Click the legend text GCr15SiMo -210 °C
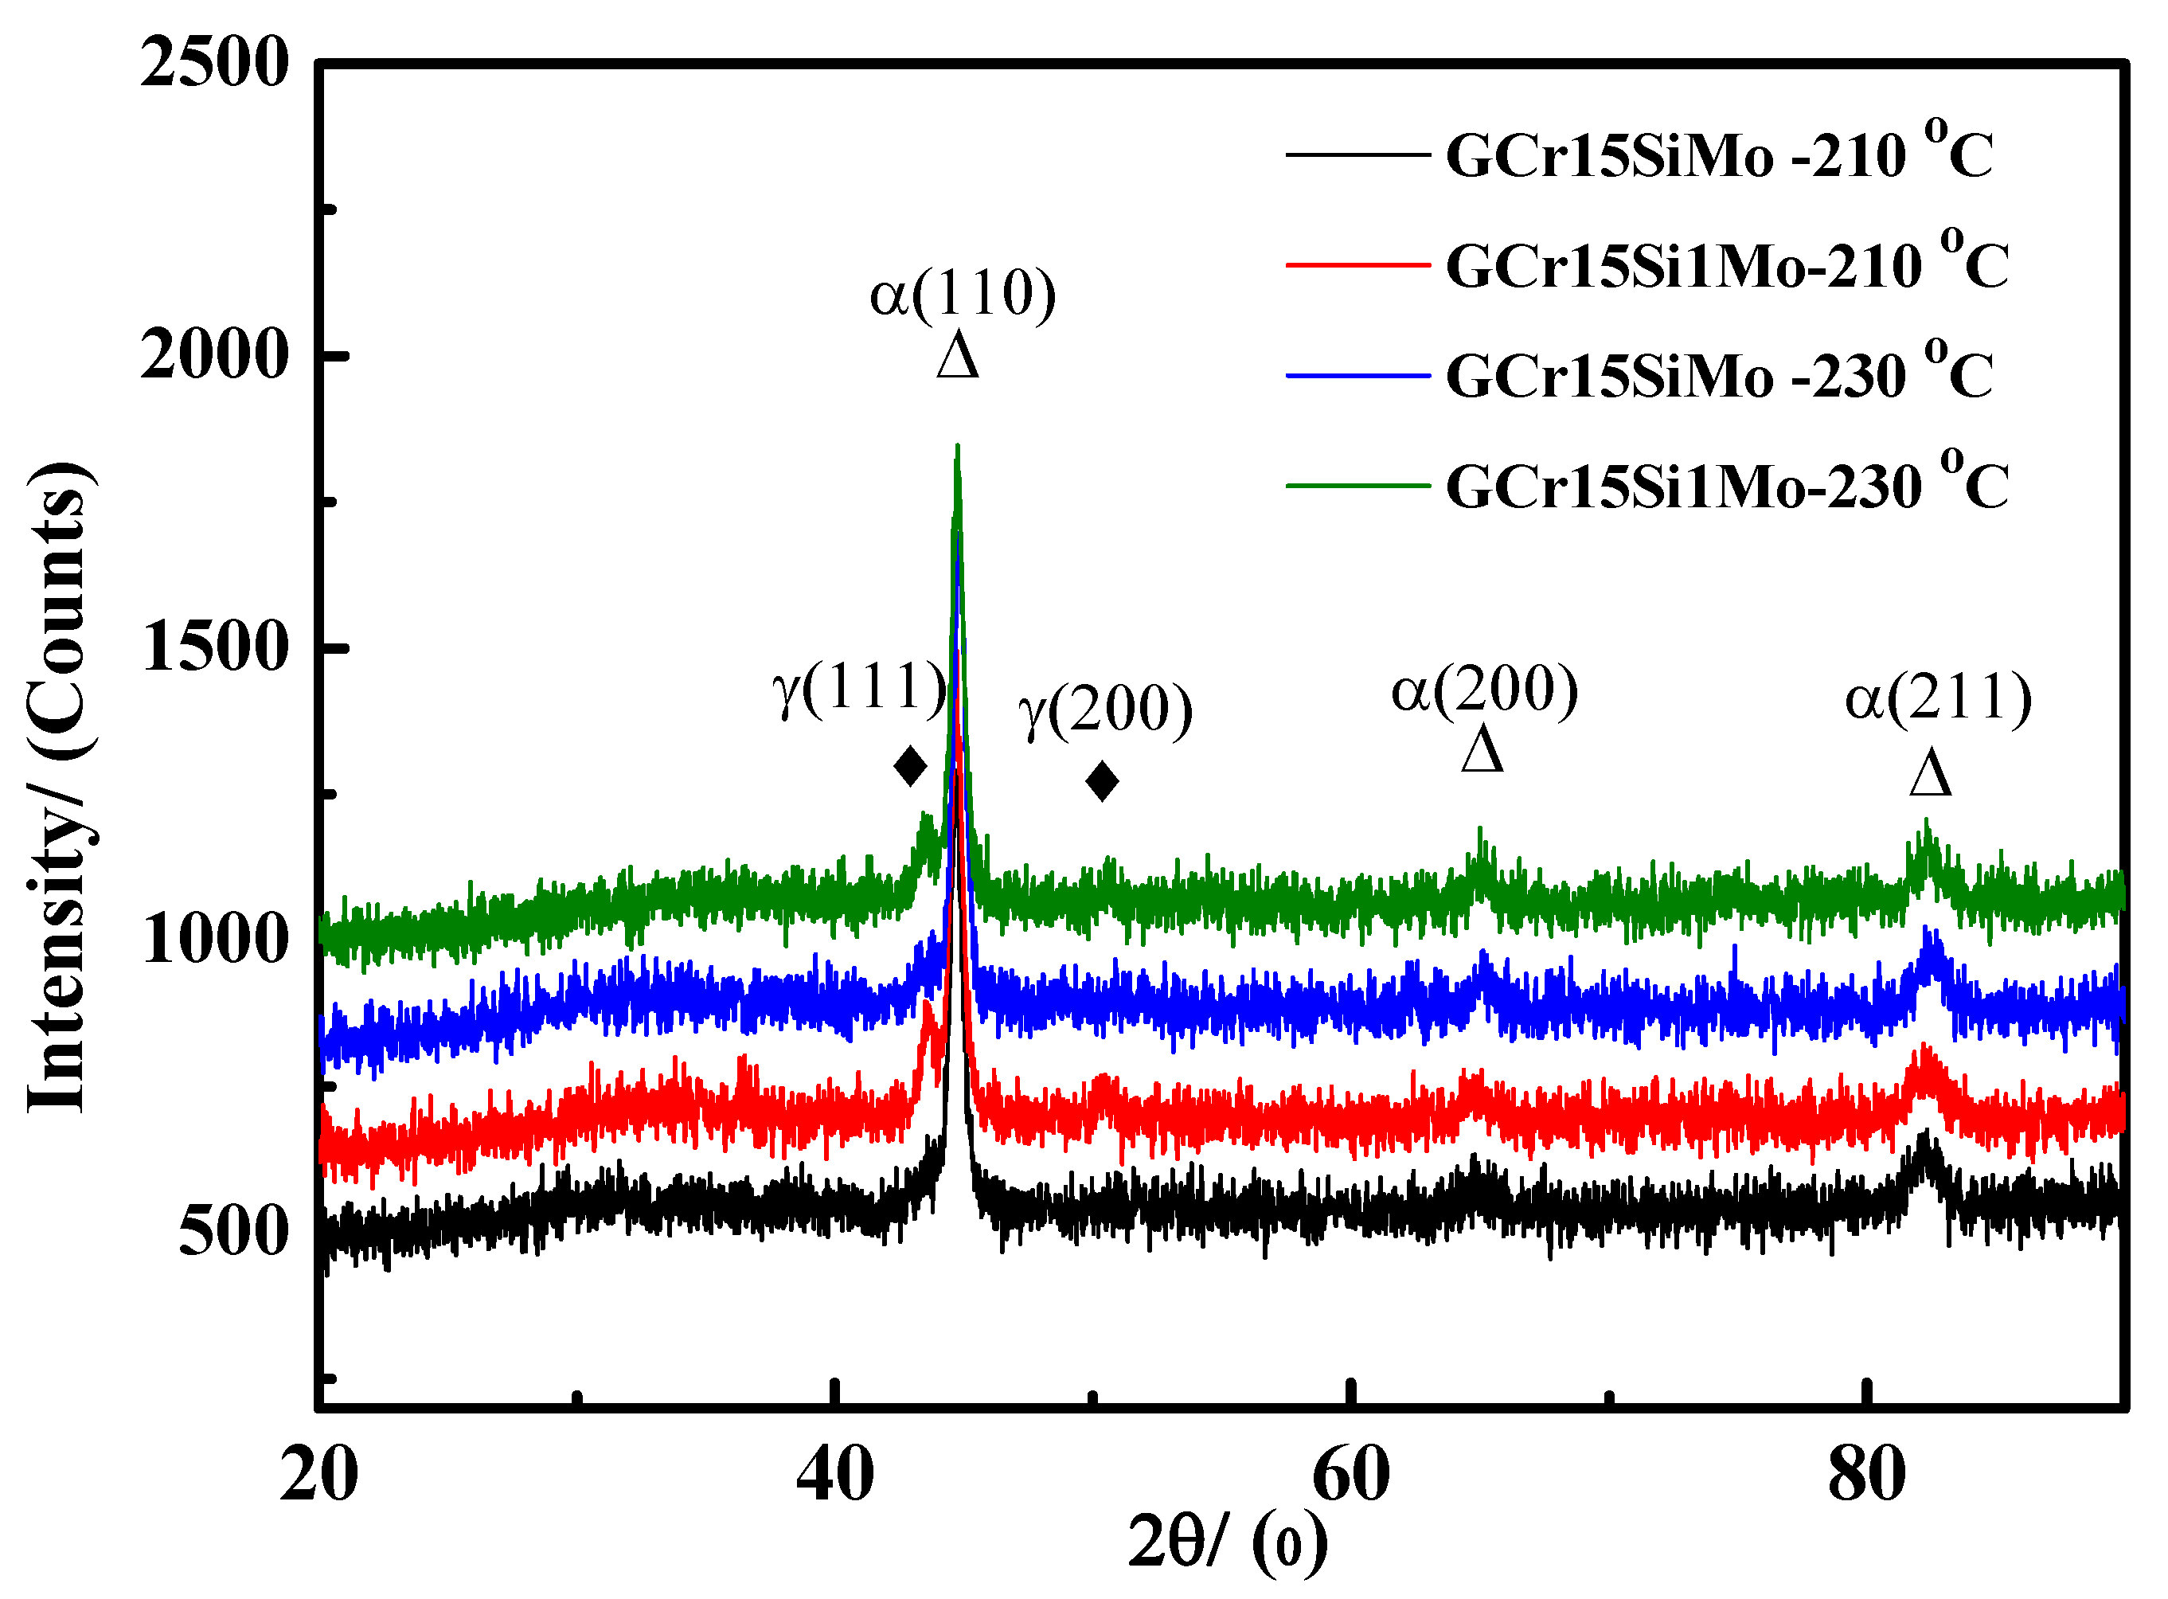point(1719,154)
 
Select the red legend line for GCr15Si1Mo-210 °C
point(1358,264)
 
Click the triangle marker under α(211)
point(1931,772)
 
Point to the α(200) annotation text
point(1485,690)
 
